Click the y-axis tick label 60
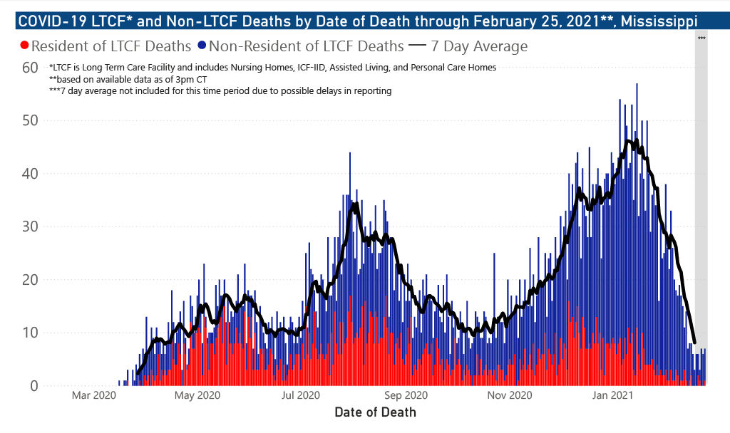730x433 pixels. point(29,68)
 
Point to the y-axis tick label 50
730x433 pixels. point(29,120)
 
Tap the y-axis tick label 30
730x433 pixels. point(29,226)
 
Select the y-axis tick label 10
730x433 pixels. point(29,333)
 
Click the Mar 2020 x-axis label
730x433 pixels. point(94,395)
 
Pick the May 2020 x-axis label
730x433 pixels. point(197,395)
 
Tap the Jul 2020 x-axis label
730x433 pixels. point(300,395)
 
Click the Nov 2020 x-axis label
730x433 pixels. point(509,395)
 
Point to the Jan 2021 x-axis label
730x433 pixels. point(612,395)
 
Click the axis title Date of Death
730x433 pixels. point(375,412)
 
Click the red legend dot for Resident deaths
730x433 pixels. point(25,46)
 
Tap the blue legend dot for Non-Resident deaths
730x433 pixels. point(202,46)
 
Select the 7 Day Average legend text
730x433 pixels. point(480,46)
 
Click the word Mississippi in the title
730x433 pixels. point(659,21)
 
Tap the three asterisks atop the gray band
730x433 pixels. point(701,38)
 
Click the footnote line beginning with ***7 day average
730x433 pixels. point(220,91)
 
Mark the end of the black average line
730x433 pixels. point(694,343)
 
